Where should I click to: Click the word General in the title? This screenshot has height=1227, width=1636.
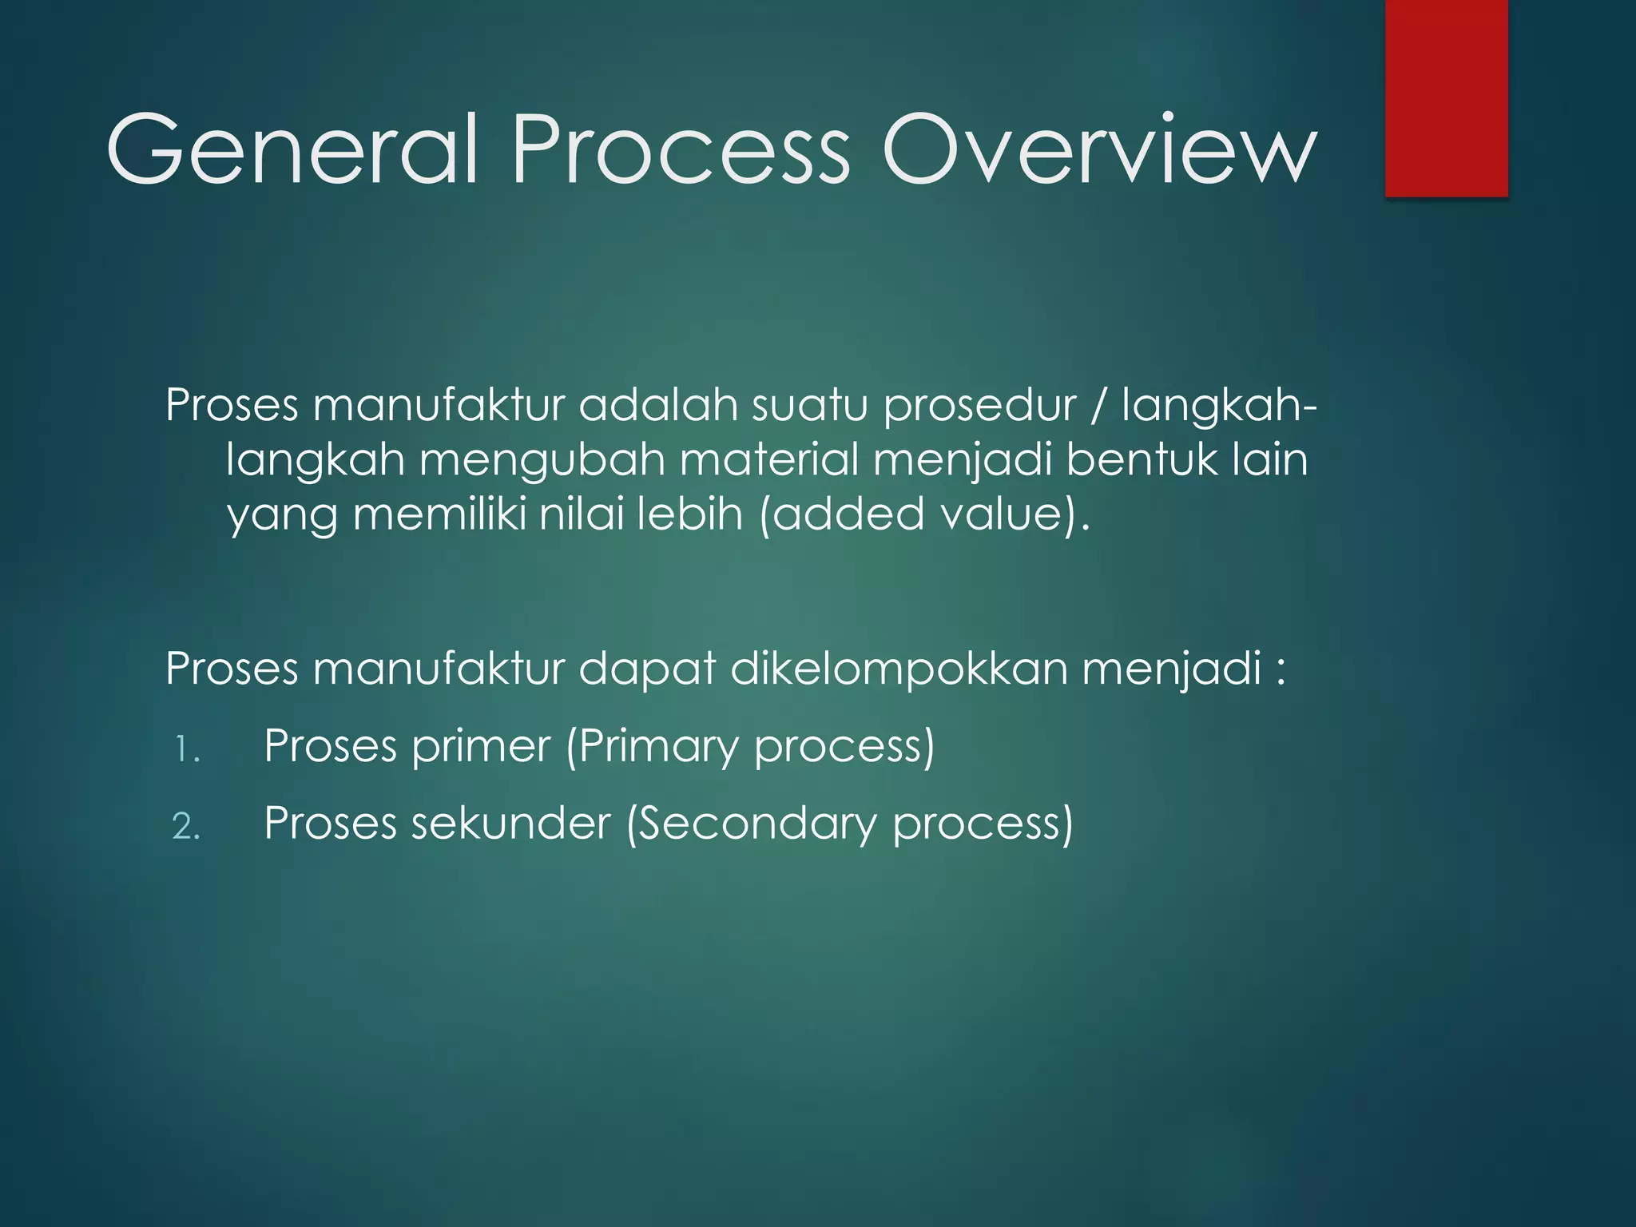pos(292,150)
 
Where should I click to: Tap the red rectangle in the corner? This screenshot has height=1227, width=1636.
pos(1446,97)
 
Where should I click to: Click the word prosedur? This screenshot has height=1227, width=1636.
pos(979,406)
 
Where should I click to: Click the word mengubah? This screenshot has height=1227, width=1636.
pos(542,461)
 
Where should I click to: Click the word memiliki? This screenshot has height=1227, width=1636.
pos(439,514)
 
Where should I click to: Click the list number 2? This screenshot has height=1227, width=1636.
pos(185,827)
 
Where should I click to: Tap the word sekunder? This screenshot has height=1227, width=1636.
pos(510,824)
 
